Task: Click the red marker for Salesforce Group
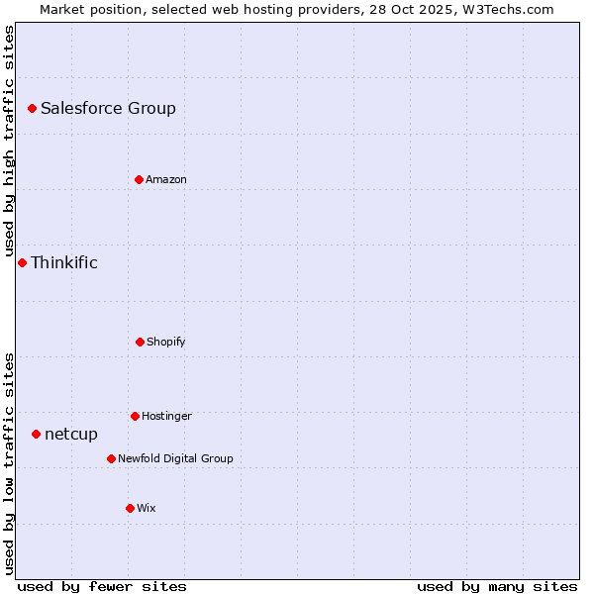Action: point(32,108)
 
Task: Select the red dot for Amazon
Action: point(139,179)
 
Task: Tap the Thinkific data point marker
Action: point(22,262)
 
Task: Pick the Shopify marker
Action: point(140,342)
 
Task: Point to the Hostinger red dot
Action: point(135,416)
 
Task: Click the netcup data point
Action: point(36,434)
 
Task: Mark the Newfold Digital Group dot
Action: point(111,458)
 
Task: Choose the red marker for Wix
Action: point(130,508)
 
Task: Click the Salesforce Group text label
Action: point(108,108)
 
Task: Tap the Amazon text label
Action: point(166,179)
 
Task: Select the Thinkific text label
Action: point(64,262)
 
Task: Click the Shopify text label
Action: point(166,342)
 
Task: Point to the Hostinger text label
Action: point(166,416)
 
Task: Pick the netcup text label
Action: point(71,434)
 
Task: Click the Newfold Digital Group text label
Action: point(175,458)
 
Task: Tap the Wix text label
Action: point(147,508)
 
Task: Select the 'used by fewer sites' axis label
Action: point(102,586)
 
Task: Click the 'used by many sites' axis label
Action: point(497,586)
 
